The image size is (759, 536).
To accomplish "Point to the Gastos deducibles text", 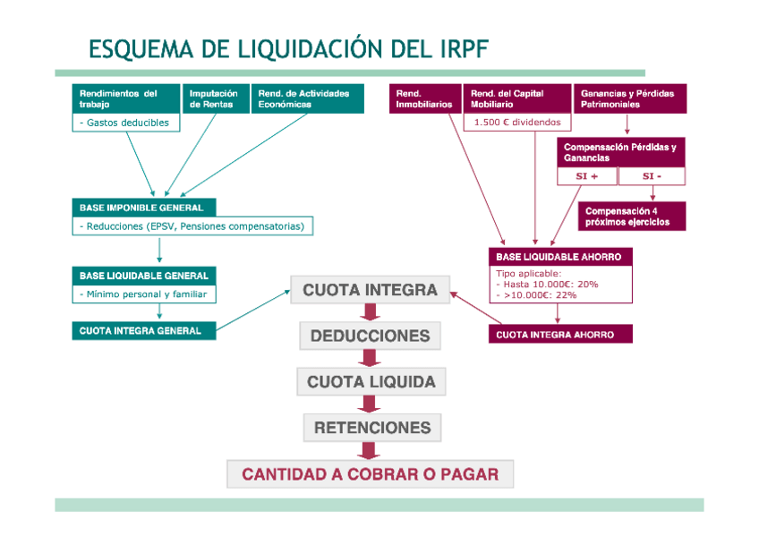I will [x=125, y=123].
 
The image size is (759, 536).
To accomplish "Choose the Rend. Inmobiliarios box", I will [x=424, y=98].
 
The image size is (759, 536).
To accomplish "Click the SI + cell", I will [x=587, y=176].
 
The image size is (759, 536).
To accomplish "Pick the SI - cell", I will [x=652, y=176].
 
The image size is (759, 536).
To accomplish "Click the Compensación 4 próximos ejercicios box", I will [x=632, y=217].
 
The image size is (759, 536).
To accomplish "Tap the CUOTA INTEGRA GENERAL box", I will [x=144, y=330].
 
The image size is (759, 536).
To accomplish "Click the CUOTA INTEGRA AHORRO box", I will [x=560, y=335].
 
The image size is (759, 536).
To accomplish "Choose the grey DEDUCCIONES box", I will [x=370, y=336].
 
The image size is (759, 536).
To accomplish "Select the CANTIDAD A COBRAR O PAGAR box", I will [x=371, y=474].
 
